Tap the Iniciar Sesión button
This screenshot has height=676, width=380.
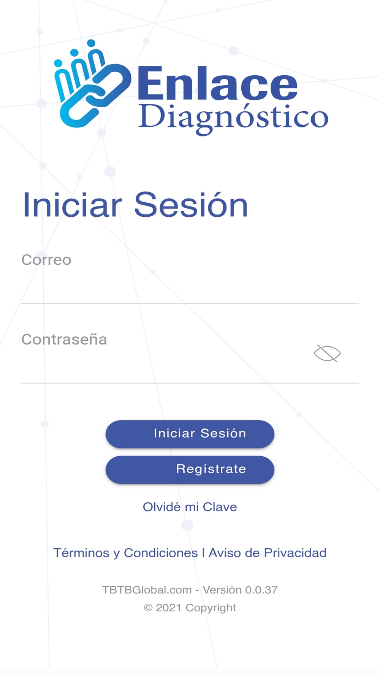tap(190, 434)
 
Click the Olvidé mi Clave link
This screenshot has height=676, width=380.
tap(190, 507)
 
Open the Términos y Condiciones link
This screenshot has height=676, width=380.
tap(125, 553)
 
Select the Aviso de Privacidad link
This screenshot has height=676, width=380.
tap(268, 553)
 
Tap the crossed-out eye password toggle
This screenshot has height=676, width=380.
tap(327, 354)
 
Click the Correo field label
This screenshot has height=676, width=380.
tap(46, 260)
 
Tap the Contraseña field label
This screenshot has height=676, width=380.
tap(64, 340)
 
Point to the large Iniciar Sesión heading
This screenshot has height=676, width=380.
tap(135, 205)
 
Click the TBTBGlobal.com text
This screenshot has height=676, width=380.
tap(147, 590)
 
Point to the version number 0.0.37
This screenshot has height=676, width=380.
tap(261, 590)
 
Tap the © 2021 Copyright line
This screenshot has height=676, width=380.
tap(190, 608)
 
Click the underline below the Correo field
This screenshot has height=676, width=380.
tap(190, 303)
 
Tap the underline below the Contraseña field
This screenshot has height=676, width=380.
tap(190, 383)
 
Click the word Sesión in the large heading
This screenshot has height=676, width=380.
tap(191, 205)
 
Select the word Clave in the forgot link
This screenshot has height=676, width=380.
tap(220, 507)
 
